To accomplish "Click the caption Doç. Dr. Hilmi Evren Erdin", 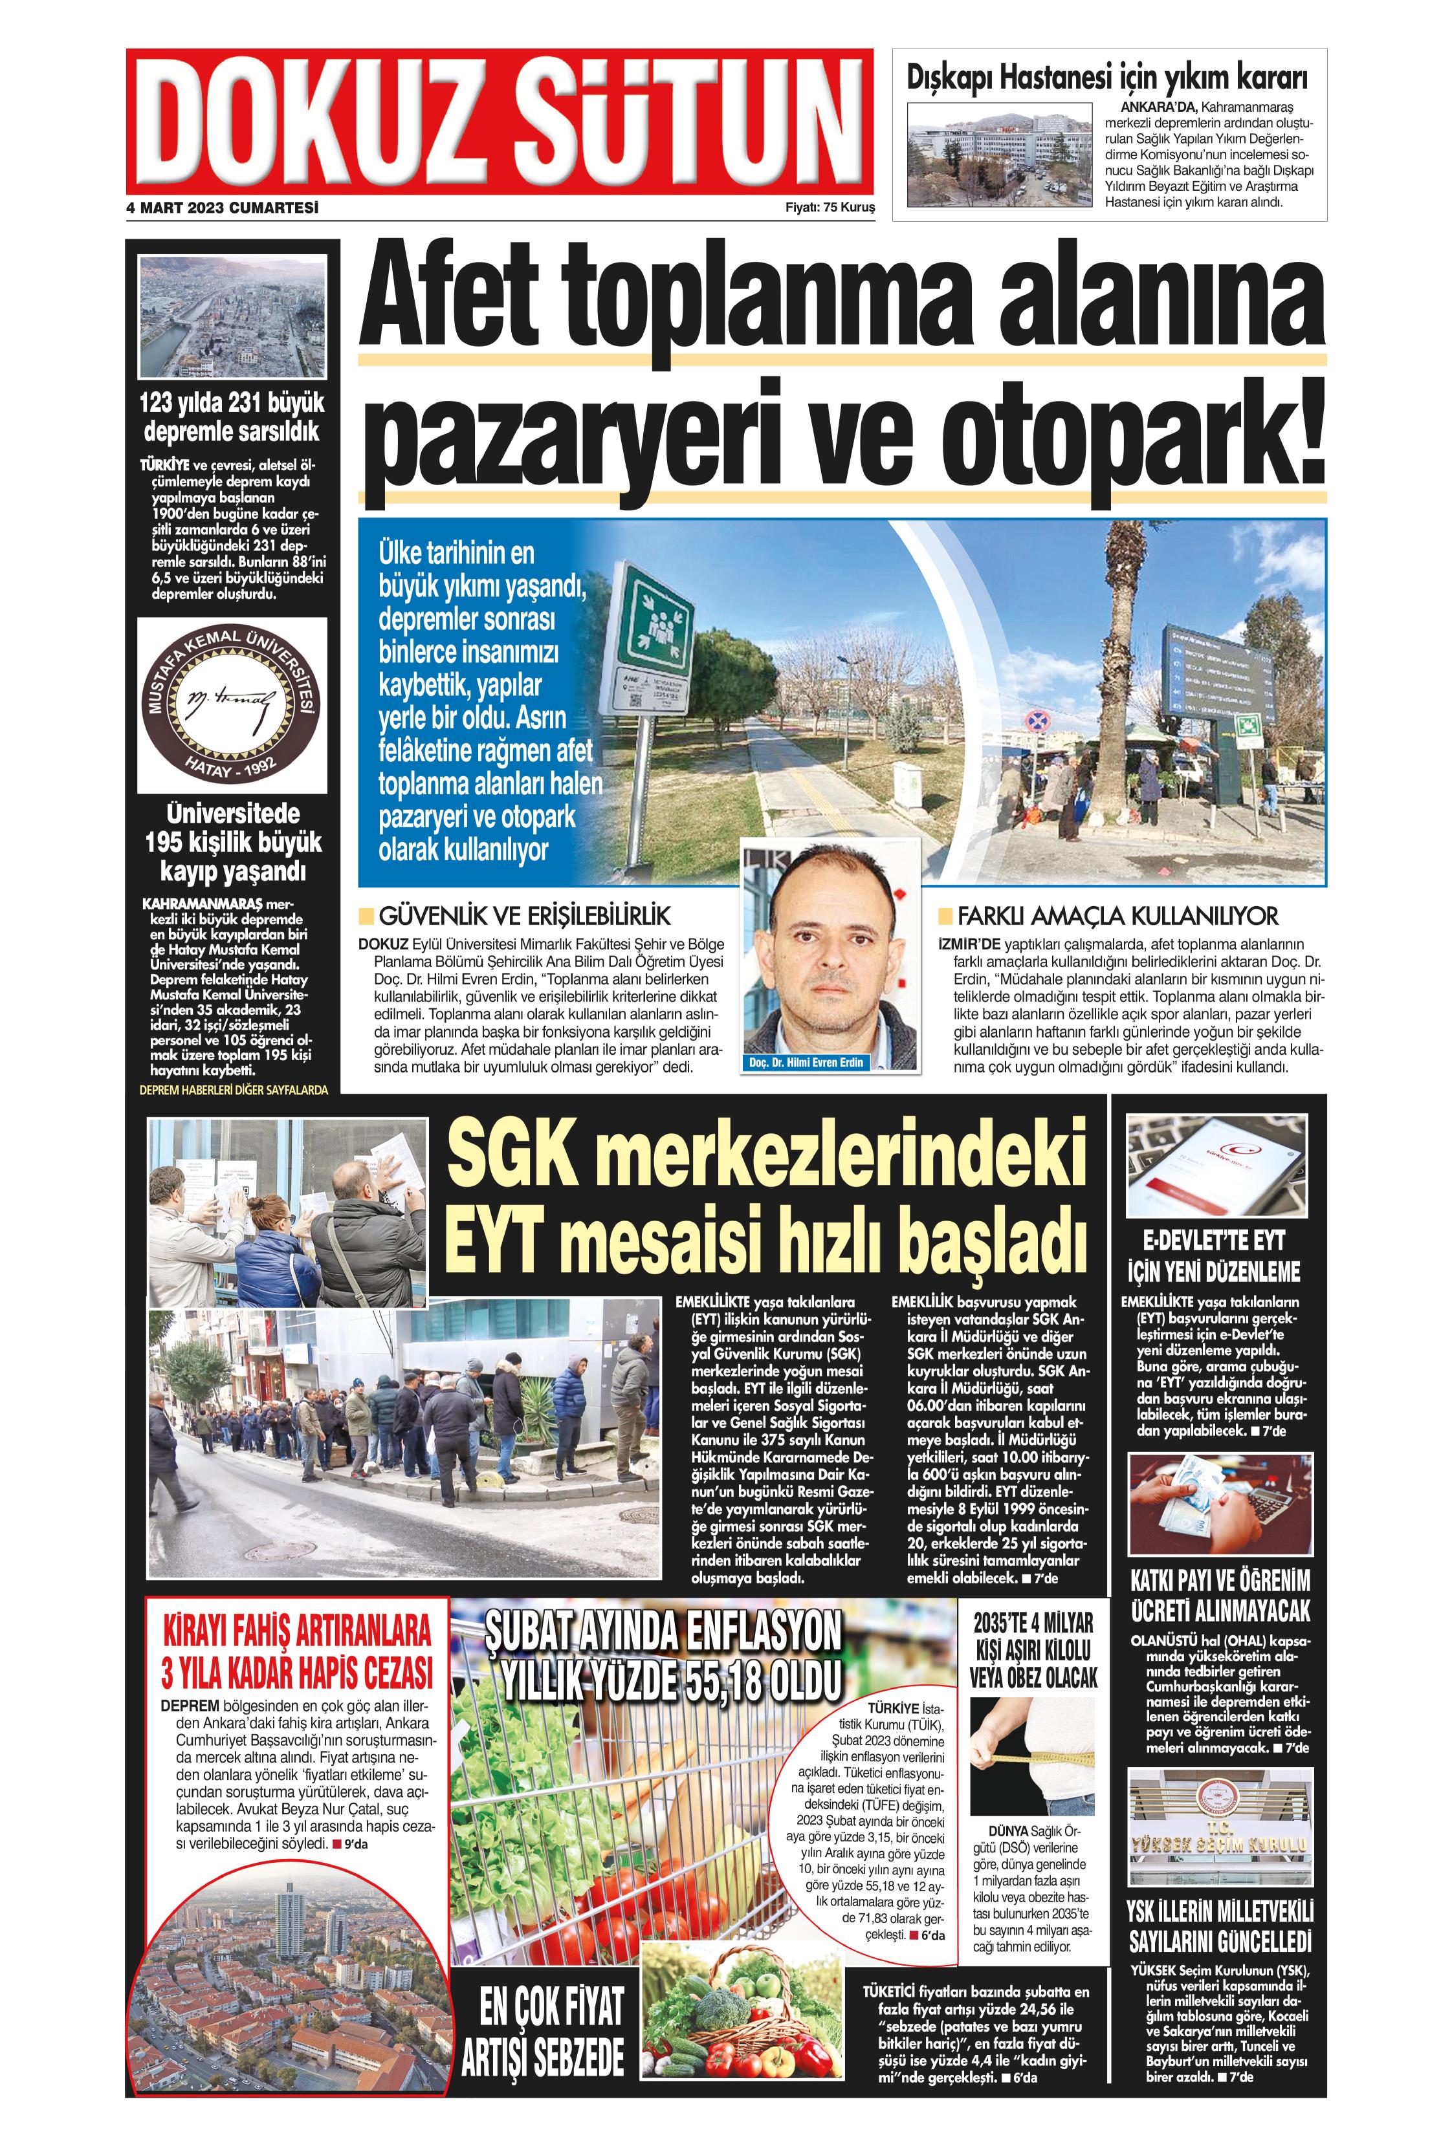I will [x=806, y=1062].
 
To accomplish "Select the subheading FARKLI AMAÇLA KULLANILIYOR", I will [x=1117, y=916].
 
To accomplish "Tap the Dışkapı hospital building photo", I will [x=999, y=154].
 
